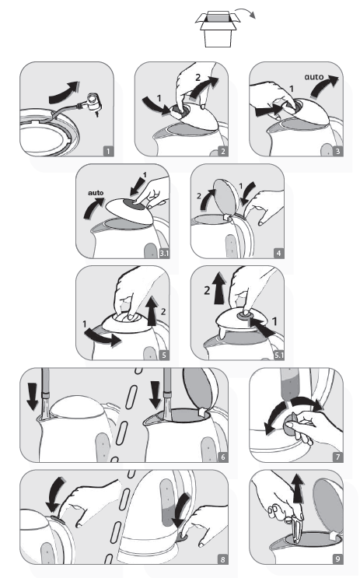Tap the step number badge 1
108,151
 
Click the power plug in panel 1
93,104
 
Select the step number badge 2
222,151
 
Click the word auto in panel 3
314,77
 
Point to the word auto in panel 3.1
96,193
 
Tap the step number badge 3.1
164,254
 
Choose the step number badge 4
279,254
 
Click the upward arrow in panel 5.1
220,289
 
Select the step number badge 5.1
279,356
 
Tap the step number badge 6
222,457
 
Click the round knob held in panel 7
291,426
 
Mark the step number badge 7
337,457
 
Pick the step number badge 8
222,559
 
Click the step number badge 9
337,559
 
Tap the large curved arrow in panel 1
64,93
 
